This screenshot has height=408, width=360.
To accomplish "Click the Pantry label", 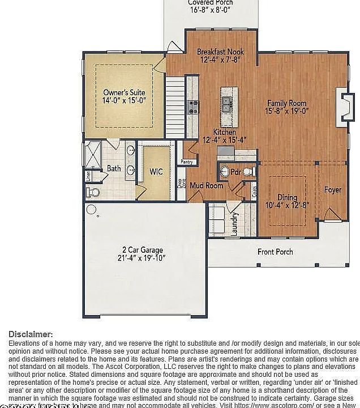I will click(x=186, y=162).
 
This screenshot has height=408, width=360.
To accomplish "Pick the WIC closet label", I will click(x=156, y=172).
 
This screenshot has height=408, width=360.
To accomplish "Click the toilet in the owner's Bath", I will click(x=94, y=193).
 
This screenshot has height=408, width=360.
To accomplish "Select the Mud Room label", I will click(x=206, y=185).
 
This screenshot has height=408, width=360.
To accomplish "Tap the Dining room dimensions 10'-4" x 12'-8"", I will click(x=287, y=206).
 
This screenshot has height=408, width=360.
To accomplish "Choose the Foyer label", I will click(x=332, y=190).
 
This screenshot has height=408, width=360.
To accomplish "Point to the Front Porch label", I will click(x=275, y=252).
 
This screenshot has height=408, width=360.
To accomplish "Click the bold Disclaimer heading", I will click(x=31, y=334).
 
